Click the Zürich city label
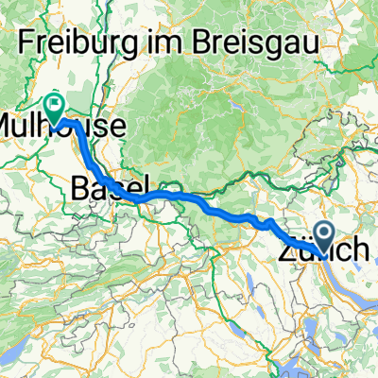coord(324,251)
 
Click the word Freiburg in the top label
coord(79,42)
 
